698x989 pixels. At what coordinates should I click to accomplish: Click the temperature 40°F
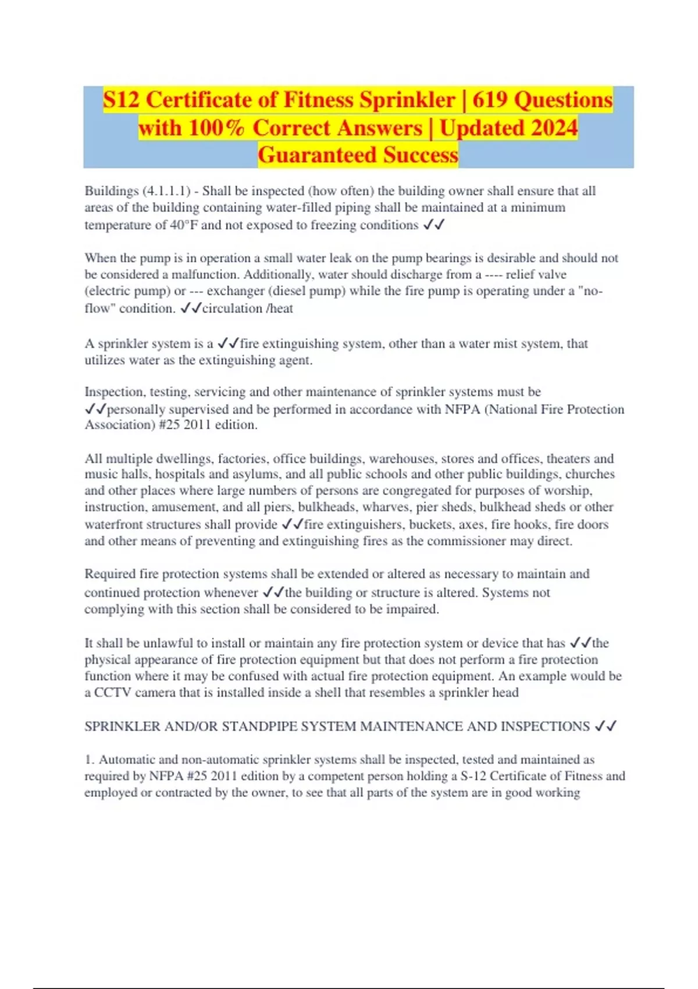[184, 225]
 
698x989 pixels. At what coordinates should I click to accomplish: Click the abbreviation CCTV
[110, 692]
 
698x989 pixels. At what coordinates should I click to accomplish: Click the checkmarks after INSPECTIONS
[606, 726]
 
